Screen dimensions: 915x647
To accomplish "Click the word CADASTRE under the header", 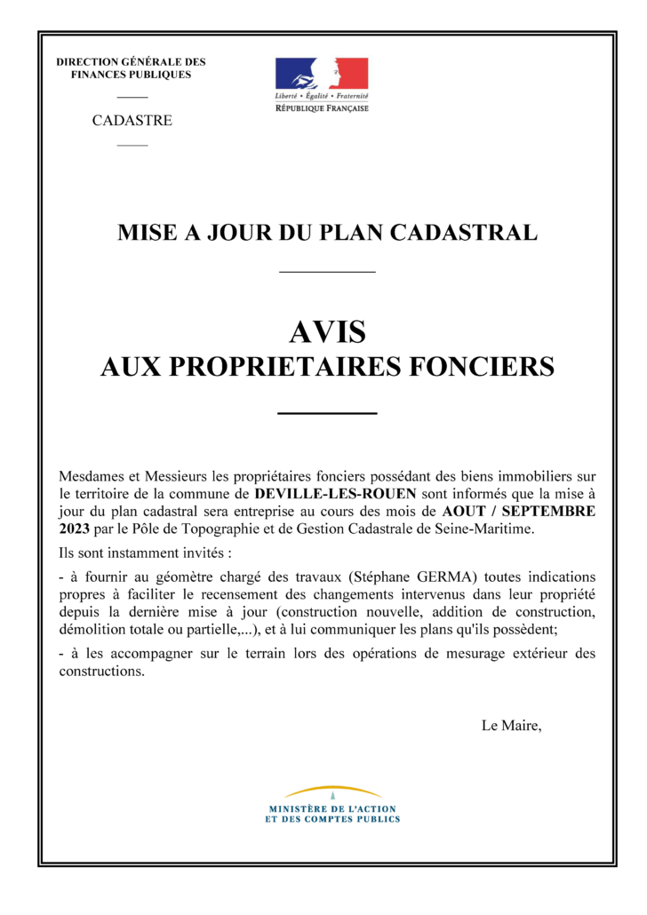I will pos(132,121).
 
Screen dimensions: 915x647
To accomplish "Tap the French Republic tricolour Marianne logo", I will pos(321,72).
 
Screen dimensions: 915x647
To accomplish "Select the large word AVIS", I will pos(327,332).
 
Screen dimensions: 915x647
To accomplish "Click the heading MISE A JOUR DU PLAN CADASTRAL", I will pos(327,234).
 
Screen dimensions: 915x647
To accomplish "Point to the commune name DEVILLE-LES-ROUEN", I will pos(334,492).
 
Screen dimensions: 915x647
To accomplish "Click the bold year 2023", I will pos(75,529).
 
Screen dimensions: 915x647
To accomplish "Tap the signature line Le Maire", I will pos(510,726).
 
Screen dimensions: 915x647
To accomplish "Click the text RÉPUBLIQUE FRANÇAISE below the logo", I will pos(321,107).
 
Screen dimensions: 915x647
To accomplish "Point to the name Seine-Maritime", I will pos(488,529).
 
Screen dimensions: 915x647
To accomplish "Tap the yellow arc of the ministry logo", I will pos(332,790).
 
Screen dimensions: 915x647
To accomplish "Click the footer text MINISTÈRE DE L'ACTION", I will pos(332,809).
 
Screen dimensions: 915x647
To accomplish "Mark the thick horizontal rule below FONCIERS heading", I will pos(327,413).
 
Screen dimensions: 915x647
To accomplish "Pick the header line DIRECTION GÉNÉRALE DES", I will pos(131,62).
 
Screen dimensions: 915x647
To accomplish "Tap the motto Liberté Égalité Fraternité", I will pos(321,95).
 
